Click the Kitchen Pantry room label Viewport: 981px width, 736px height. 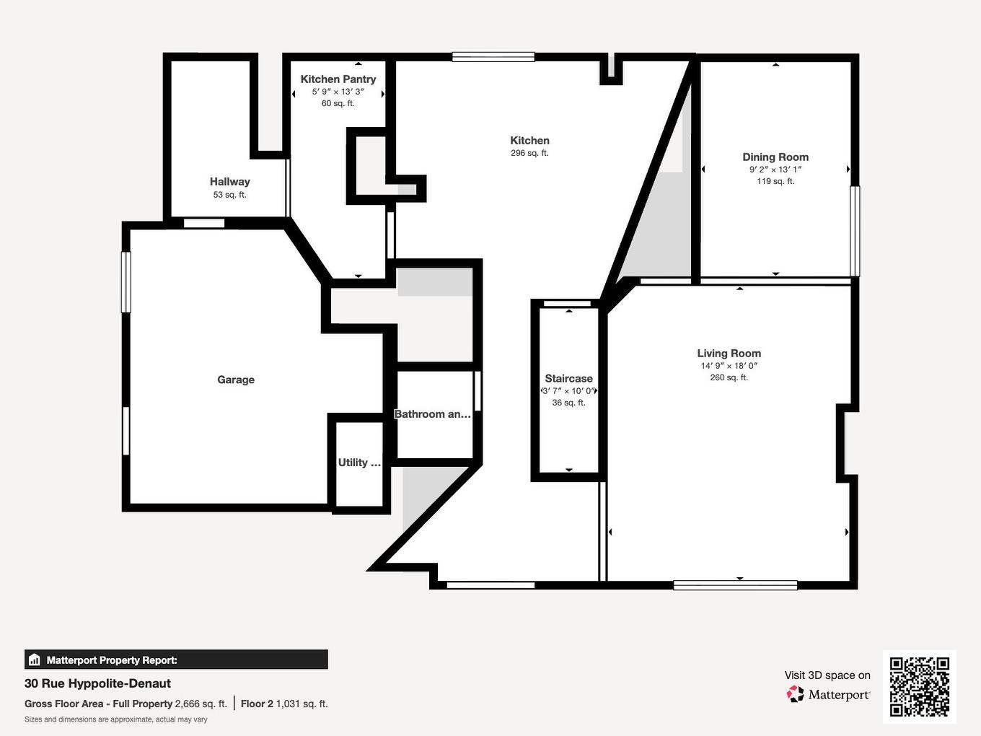338,79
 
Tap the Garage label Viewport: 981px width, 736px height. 236,380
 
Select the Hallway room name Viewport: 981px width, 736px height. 229,182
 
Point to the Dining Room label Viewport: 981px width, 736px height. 775,157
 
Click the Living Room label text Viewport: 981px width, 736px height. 729,353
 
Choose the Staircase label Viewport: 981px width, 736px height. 568,378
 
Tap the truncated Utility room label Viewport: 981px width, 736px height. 358,463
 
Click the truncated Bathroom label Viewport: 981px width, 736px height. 432,414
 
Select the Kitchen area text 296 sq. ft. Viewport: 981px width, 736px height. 529,153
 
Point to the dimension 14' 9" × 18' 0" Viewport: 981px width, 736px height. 729,366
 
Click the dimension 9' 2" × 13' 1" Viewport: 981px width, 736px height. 775,170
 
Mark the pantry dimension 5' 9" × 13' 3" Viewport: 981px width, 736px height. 338,92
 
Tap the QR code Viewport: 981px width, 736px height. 919,686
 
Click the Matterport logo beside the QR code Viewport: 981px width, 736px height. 829,694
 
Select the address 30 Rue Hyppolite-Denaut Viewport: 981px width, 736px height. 97,683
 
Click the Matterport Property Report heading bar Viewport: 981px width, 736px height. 176,660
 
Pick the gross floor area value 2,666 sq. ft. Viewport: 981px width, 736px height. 201,704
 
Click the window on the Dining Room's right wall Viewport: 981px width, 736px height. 855,231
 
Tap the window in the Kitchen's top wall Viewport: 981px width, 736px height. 493,57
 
